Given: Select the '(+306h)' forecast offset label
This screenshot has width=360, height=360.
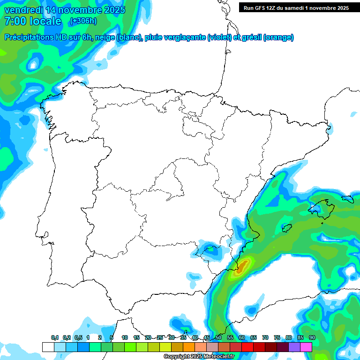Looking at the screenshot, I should click(x=83, y=21).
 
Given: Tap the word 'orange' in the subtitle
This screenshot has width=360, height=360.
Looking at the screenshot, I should click(x=278, y=37).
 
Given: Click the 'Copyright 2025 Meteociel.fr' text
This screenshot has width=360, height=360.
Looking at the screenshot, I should click(x=199, y=357).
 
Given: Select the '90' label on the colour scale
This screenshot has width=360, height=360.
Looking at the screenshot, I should click(x=312, y=337).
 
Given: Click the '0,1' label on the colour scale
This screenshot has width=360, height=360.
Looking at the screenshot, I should click(x=55, y=337).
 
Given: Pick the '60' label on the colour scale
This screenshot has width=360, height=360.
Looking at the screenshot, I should click(x=242, y=337).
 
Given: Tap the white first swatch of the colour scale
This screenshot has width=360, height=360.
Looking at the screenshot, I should click(x=48, y=347).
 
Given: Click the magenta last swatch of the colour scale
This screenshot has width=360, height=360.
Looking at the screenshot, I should click(x=306, y=347).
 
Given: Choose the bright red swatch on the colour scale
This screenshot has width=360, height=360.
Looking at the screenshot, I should click(x=247, y=347).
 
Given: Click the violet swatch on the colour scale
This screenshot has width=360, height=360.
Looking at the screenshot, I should click(x=294, y=347).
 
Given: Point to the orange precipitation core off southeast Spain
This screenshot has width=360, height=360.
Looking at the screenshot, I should click(x=241, y=268).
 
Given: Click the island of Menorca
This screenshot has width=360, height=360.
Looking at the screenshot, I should click(x=347, y=198).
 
